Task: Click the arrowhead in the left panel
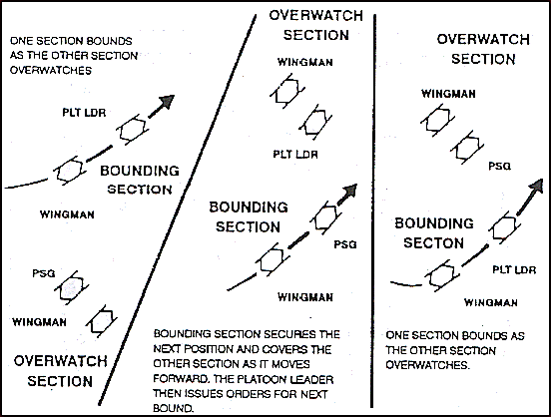coord(167,101)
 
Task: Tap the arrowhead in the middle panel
coord(349,192)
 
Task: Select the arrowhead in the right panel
coord(536,186)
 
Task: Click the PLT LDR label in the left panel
coord(84,113)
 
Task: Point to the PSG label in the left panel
coord(44,273)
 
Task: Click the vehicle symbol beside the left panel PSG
coord(71,287)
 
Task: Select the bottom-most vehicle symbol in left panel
coord(102,321)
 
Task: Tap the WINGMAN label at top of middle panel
coord(305,62)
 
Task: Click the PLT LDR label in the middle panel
coord(295,155)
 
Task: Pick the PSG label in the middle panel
coord(345,244)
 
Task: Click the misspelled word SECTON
coord(433,242)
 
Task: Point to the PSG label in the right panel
coord(499,166)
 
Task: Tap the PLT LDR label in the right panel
coord(514,269)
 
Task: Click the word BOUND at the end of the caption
coord(173,408)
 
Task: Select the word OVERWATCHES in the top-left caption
coord(51,70)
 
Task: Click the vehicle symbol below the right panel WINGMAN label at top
coord(437,120)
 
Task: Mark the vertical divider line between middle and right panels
coord(373,210)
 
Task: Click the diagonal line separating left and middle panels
coord(178,209)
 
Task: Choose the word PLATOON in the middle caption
coord(264,379)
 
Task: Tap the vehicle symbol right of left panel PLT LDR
coord(133,130)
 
